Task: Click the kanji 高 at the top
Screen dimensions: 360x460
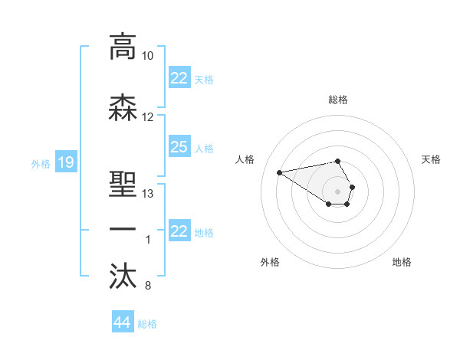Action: tap(123, 47)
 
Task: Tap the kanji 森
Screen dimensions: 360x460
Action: tap(123, 108)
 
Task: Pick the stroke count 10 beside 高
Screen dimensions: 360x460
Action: tap(148, 56)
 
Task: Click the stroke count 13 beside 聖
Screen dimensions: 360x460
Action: tap(148, 194)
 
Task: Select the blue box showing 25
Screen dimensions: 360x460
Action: tap(179, 147)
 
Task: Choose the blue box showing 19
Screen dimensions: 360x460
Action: tap(66, 162)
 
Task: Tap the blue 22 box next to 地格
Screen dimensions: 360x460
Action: tap(179, 231)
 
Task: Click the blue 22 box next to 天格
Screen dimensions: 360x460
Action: tap(179, 78)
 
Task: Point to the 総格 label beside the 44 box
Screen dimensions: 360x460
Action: tap(147, 324)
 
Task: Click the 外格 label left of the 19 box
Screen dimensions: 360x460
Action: tap(40, 163)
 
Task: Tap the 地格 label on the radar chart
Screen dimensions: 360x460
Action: tap(402, 262)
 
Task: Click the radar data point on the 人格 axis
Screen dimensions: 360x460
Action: tap(279, 172)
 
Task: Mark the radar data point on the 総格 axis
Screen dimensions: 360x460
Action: tap(337, 162)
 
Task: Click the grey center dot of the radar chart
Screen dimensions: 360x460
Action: tap(337, 191)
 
